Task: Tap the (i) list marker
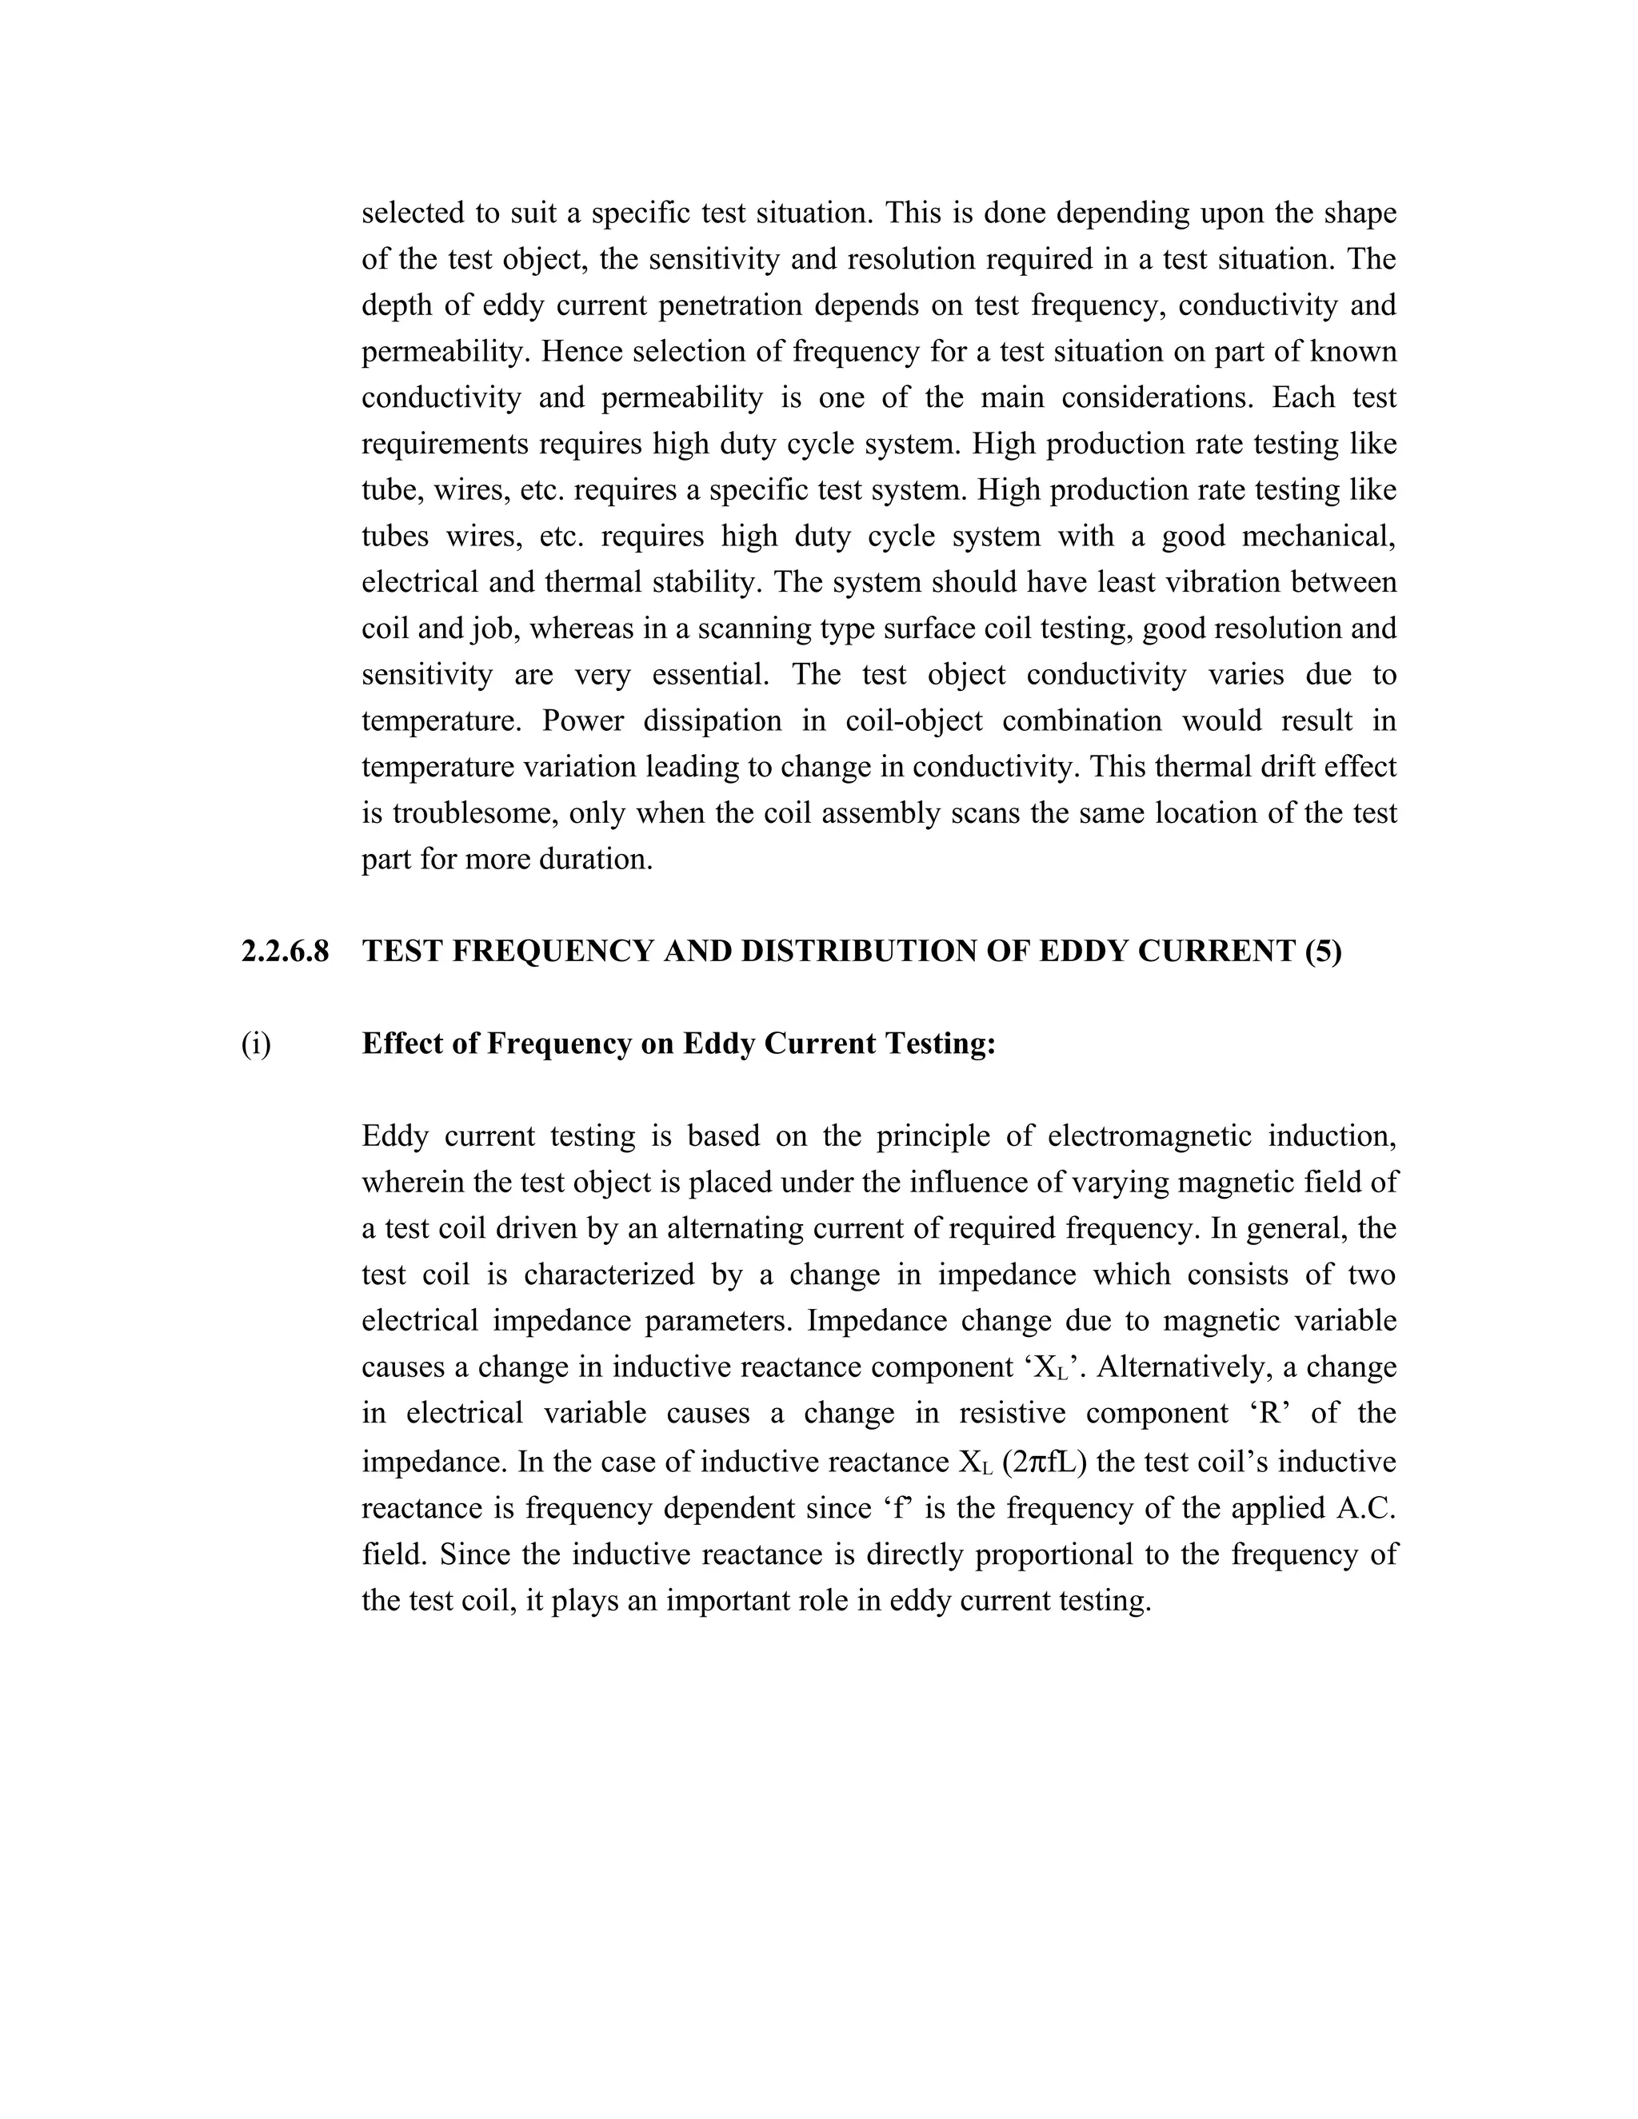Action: click(x=256, y=1044)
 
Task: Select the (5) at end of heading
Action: click(x=1324, y=952)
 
